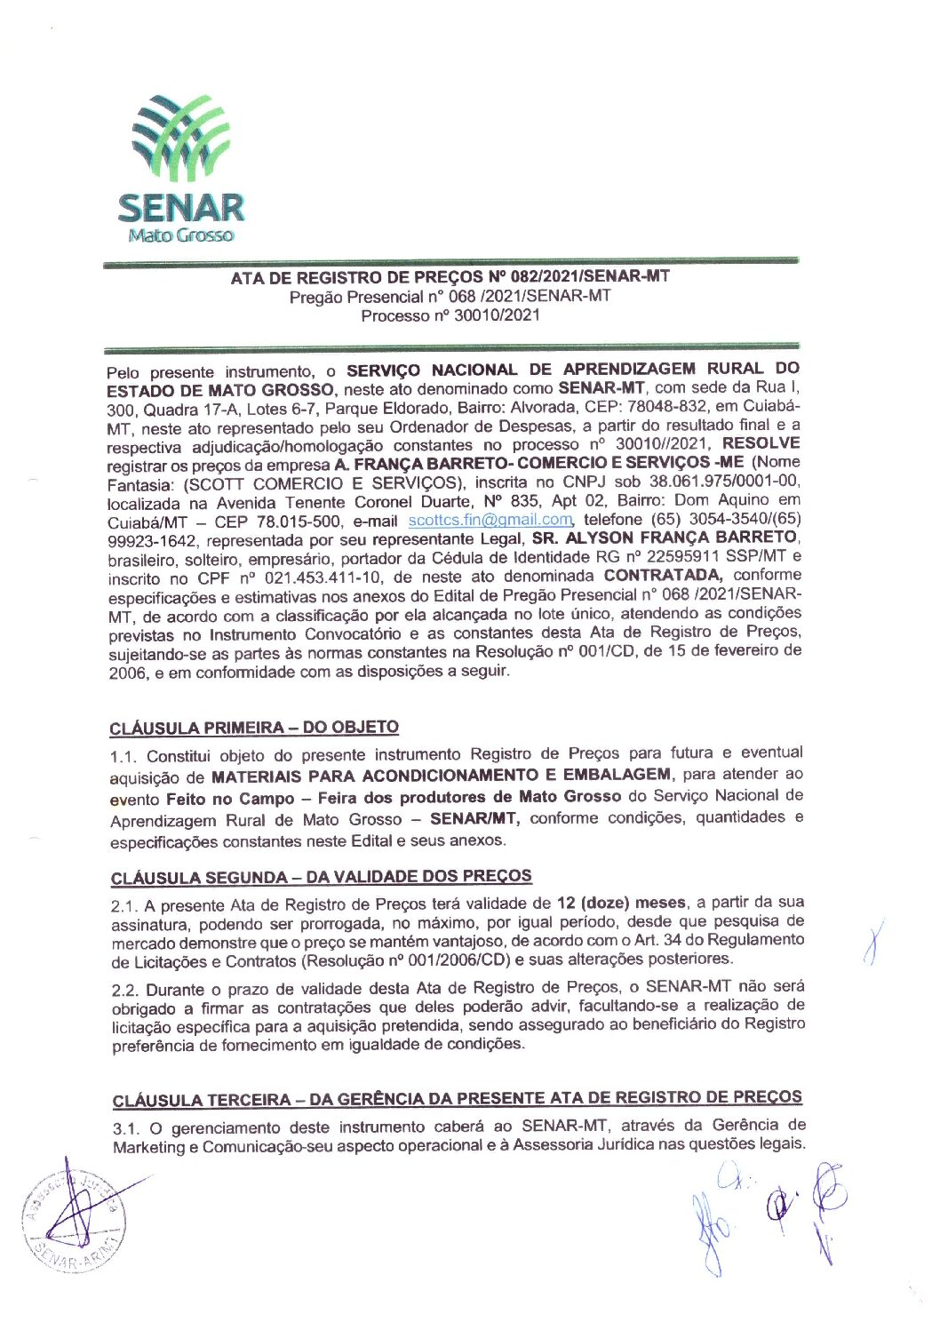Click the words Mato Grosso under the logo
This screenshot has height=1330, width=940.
(181, 235)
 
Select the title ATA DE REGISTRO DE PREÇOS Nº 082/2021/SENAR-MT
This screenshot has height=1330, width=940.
(450, 276)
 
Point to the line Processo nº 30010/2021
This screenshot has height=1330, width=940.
(450, 315)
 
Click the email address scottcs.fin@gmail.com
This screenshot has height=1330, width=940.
(490, 520)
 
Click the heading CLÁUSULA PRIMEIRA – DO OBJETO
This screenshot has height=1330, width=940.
(254, 728)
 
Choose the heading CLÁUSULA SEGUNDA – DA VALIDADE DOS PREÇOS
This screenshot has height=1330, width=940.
(321, 877)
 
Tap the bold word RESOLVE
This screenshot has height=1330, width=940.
(761, 442)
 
